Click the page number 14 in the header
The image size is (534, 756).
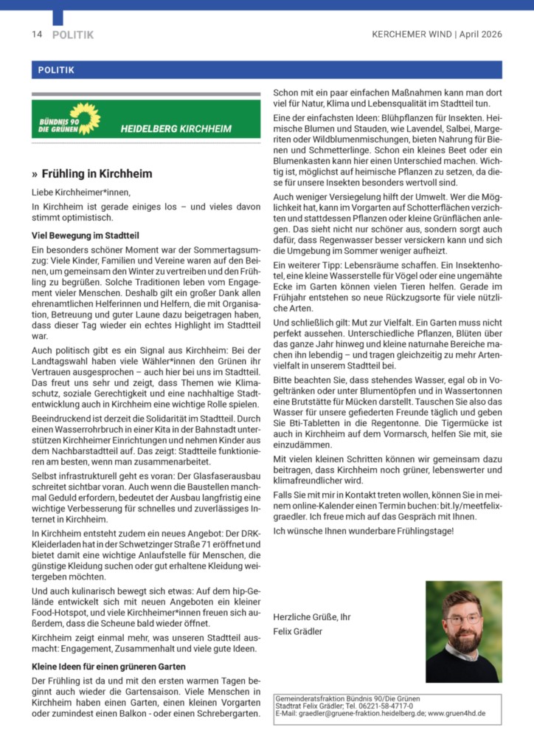coord(37,35)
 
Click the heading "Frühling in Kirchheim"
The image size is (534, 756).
coord(96,174)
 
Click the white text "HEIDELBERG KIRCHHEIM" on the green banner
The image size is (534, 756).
coord(176,128)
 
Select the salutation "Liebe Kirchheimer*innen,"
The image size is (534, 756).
coord(80,192)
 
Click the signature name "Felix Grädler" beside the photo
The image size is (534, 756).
coord(299,631)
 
